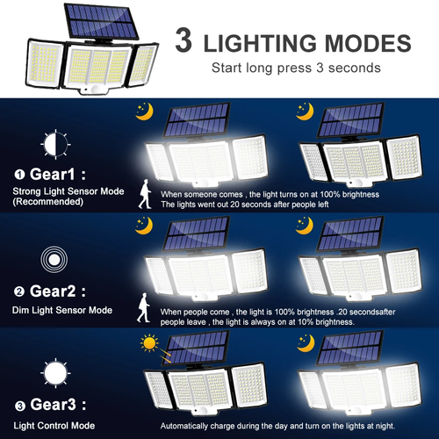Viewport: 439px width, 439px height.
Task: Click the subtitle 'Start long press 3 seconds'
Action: tap(296, 68)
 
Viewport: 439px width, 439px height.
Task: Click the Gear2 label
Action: tap(52, 291)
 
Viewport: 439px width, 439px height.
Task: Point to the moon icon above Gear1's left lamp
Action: tap(143, 111)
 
